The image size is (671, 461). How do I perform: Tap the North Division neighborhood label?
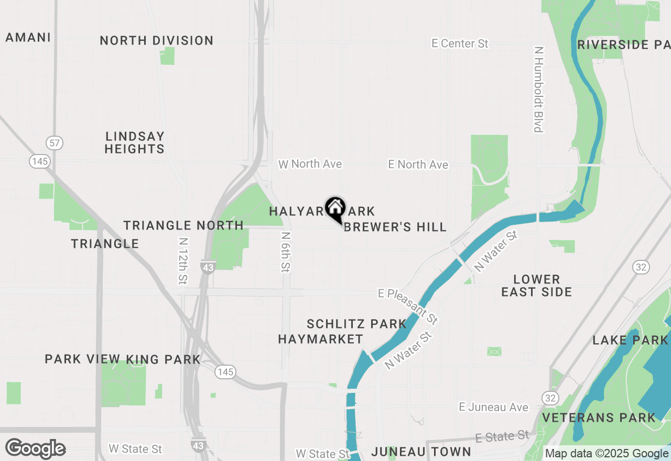[156, 40]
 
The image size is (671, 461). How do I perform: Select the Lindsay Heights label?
[135, 142]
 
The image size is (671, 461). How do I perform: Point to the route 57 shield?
[54, 142]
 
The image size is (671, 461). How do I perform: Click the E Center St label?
[460, 43]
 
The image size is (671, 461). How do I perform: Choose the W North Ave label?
[310, 164]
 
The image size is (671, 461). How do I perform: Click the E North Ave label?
[418, 164]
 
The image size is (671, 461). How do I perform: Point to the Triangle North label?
[183, 225]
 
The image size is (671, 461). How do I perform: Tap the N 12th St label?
[182, 261]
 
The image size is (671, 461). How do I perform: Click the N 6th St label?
[286, 252]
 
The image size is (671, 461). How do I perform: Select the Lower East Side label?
[536, 286]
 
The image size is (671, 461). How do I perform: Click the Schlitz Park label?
[356, 324]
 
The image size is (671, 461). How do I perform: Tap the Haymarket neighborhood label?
[320, 339]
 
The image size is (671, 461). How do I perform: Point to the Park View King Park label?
[123, 359]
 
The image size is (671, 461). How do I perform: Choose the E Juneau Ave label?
[493, 407]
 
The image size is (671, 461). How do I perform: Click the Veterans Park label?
[599, 418]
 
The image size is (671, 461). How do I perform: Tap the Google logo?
[36, 448]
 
